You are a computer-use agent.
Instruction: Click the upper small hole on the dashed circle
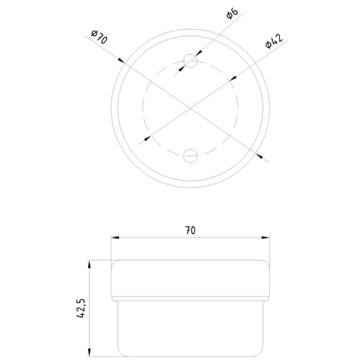point(189,62)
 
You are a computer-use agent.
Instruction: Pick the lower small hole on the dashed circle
point(190,155)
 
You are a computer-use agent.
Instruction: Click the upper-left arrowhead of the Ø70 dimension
point(123,62)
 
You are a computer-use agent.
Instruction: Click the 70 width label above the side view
point(190,230)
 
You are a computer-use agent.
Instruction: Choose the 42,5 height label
point(81,308)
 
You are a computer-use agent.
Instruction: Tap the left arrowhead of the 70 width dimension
point(114,238)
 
